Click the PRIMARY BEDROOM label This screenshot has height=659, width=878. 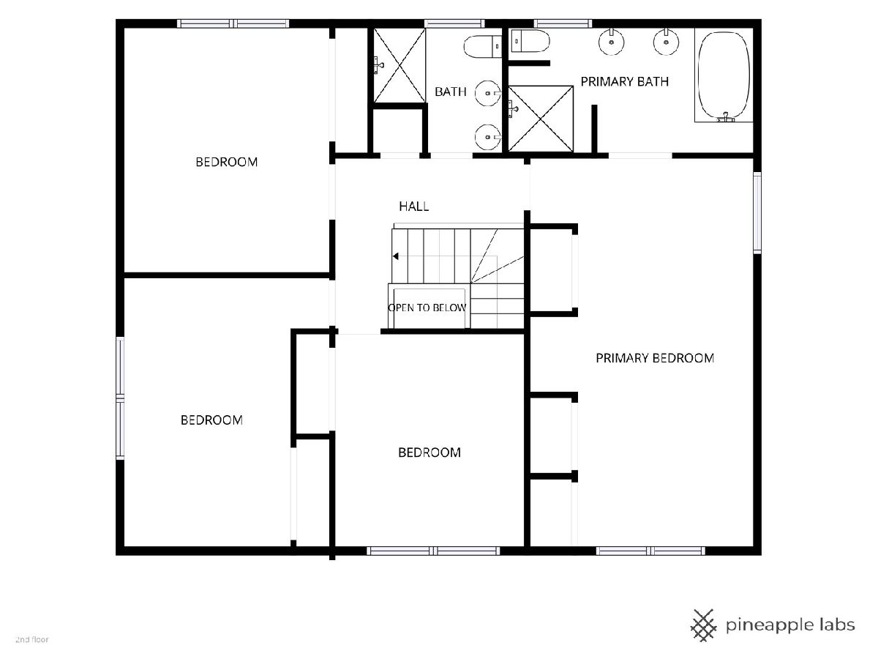click(x=655, y=358)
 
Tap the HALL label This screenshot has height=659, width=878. click(x=414, y=206)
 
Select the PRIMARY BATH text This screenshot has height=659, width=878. click(x=624, y=81)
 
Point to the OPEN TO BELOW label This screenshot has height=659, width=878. click(x=427, y=308)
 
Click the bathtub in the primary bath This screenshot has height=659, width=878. click(x=724, y=75)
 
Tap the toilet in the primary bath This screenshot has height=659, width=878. click(x=530, y=41)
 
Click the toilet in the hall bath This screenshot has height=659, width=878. click(x=483, y=46)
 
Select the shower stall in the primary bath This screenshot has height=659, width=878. click(x=541, y=119)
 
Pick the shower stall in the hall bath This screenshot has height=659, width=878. click(x=399, y=66)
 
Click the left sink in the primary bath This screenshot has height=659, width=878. click(x=611, y=42)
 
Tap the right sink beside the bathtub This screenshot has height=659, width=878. click(x=666, y=42)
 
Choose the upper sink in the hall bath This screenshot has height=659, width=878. click(x=487, y=93)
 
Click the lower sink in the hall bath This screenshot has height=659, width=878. click(x=487, y=137)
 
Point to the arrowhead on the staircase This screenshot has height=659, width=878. click(x=396, y=256)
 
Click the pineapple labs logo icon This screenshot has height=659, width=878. click(x=704, y=625)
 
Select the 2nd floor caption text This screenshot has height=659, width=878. click(x=32, y=640)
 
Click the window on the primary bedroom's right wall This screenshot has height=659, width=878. click(x=757, y=212)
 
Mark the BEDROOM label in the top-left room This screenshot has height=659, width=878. click(x=226, y=162)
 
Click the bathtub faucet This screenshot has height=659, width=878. click(x=726, y=118)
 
